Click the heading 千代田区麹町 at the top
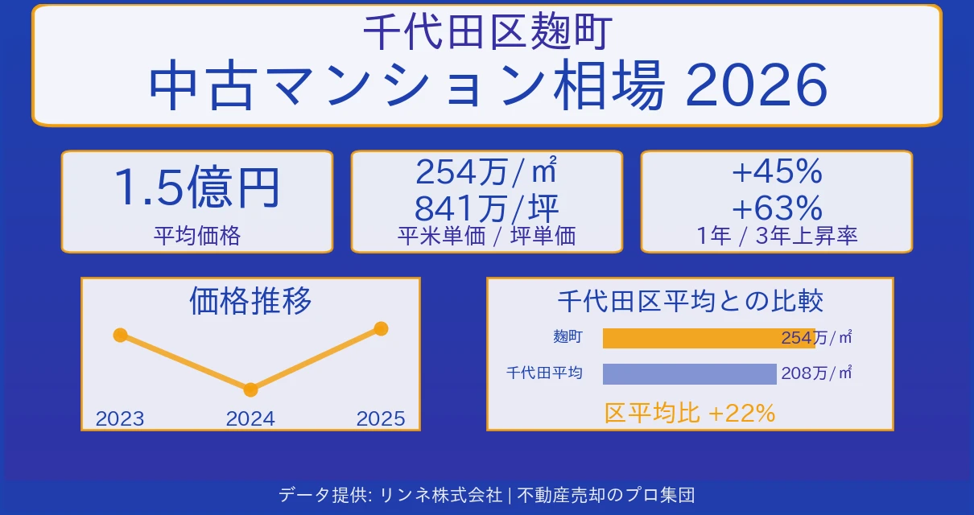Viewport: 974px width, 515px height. (x=487, y=32)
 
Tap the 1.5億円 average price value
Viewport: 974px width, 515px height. (x=196, y=187)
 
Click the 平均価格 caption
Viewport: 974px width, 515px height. (x=196, y=236)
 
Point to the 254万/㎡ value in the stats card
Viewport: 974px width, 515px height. (x=486, y=171)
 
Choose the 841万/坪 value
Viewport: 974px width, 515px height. (x=486, y=208)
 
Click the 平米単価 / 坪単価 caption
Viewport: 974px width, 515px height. (x=486, y=236)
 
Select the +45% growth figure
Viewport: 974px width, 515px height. (x=776, y=171)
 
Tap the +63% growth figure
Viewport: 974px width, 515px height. (x=776, y=208)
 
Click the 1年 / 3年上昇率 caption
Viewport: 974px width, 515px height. (x=776, y=236)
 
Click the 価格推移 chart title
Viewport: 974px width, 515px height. (x=250, y=301)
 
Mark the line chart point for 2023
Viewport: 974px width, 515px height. (x=121, y=335)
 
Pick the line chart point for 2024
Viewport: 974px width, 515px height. (x=250, y=390)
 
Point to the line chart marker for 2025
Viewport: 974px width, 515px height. (x=382, y=328)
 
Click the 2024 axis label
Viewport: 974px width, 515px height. (x=250, y=419)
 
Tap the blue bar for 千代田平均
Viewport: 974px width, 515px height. (x=689, y=374)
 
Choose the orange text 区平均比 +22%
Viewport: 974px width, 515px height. (x=690, y=414)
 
